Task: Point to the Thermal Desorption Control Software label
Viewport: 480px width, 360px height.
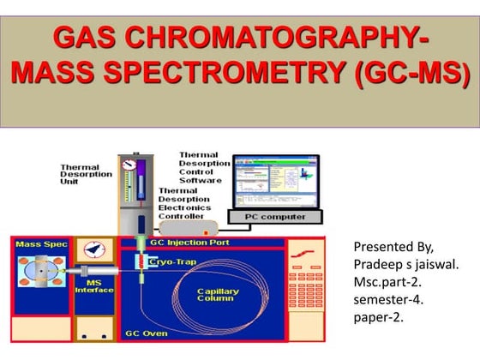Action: coord(204,167)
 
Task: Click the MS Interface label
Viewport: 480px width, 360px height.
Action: coord(94,286)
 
